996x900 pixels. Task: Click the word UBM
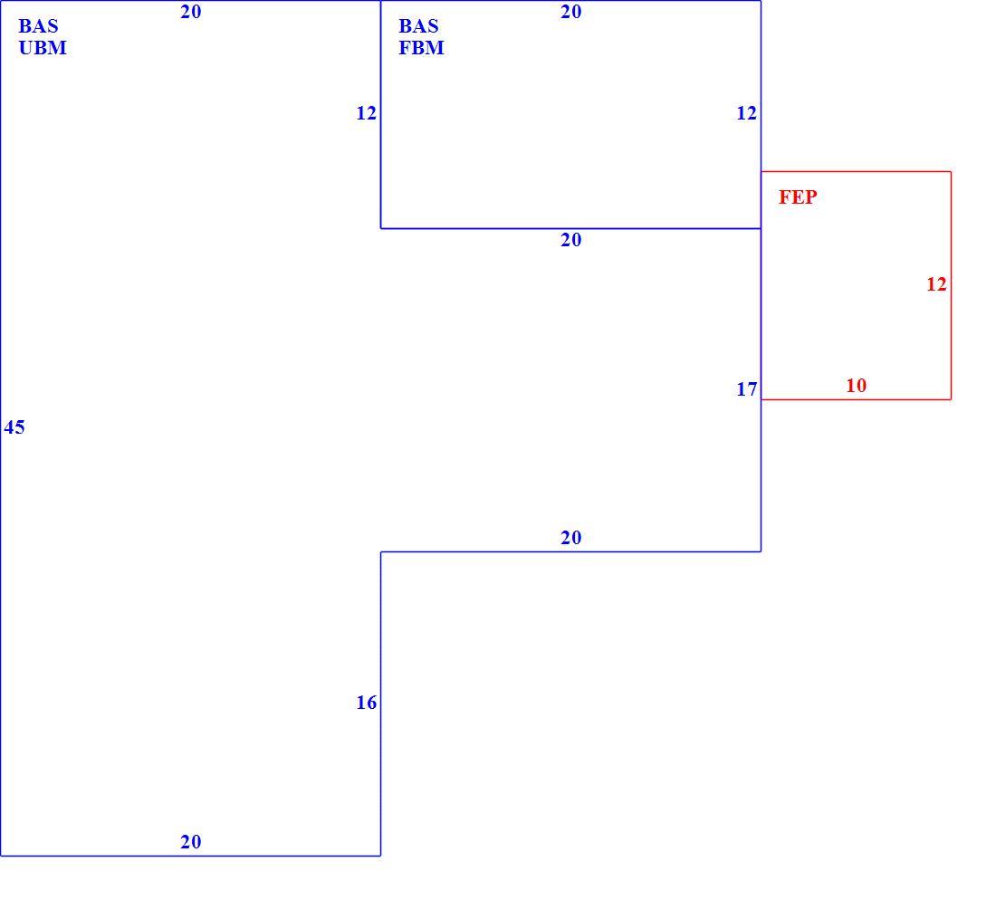point(43,48)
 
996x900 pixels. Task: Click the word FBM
point(421,48)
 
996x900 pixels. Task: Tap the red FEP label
point(798,196)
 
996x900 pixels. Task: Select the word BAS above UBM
point(38,26)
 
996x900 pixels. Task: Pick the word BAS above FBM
point(418,26)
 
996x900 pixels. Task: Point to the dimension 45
point(14,426)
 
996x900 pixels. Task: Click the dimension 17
point(747,388)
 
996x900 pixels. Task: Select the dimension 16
point(367,703)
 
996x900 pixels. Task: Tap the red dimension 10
point(857,386)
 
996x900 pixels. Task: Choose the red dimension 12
point(936,284)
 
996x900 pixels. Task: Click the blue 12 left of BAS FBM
point(367,113)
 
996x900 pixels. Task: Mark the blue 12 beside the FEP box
point(747,113)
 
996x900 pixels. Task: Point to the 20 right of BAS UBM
point(190,12)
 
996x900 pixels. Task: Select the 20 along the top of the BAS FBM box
point(571,12)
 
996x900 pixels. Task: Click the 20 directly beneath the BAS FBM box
point(571,240)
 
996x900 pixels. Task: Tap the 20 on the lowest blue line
point(190,841)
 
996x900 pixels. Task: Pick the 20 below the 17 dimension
point(571,538)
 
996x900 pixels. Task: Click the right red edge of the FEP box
point(951,285)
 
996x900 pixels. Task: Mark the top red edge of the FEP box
point(856,171)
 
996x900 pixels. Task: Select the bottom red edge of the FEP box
point(856,399)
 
